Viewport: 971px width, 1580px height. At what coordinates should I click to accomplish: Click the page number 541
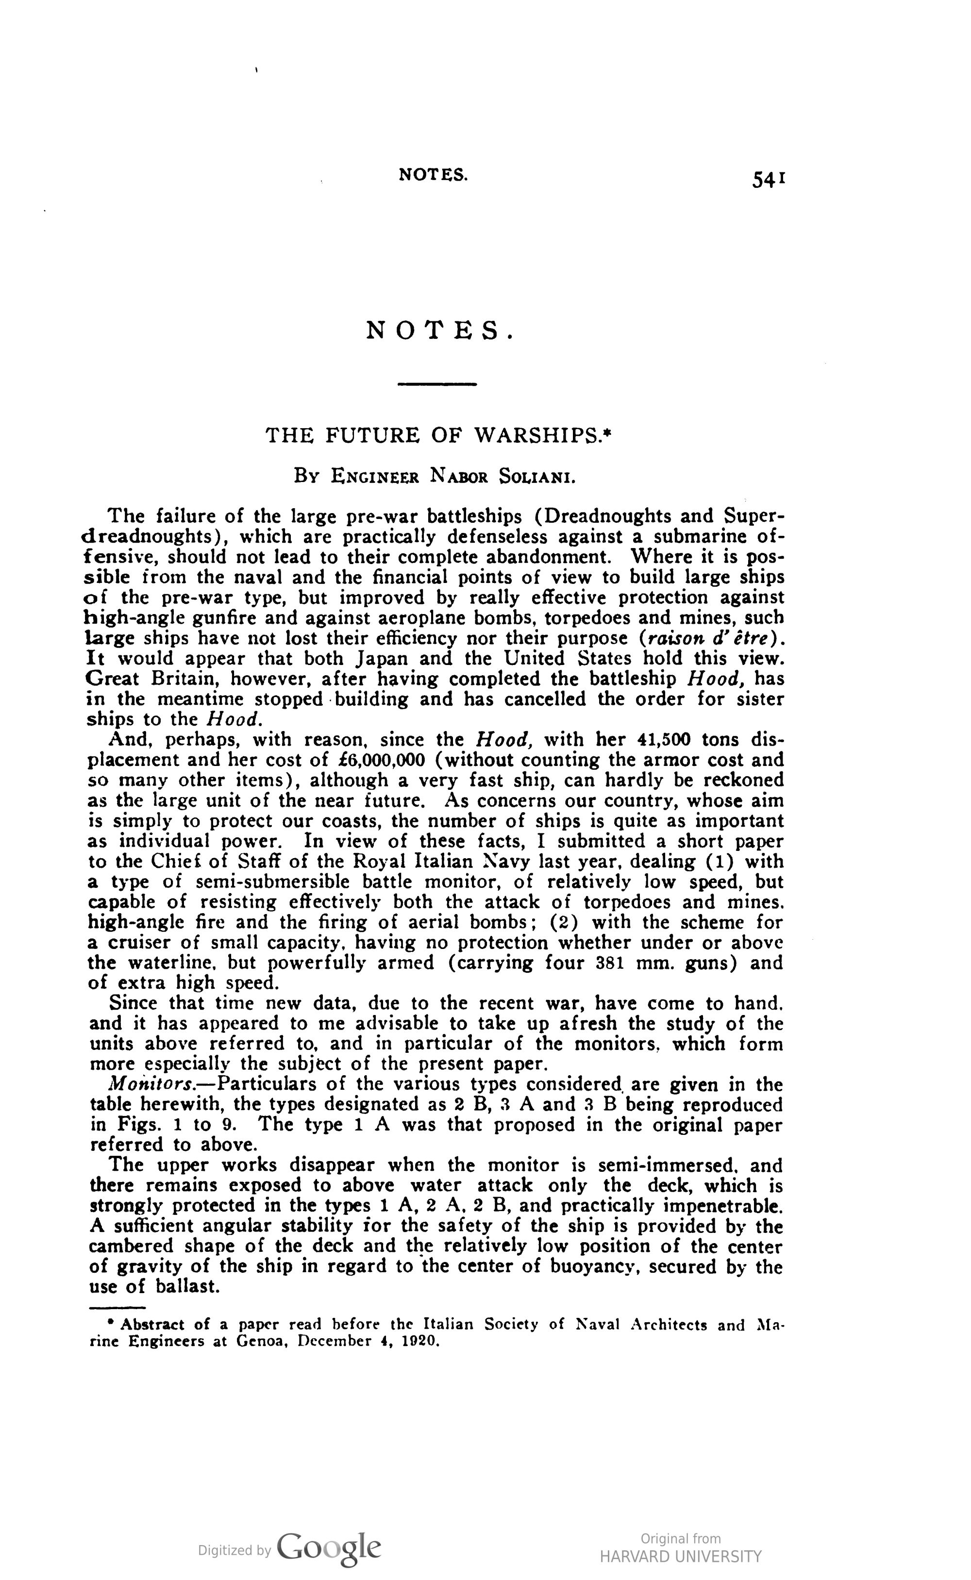pos(769,181)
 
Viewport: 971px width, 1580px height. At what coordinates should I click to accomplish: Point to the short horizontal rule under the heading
pos(436,384)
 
